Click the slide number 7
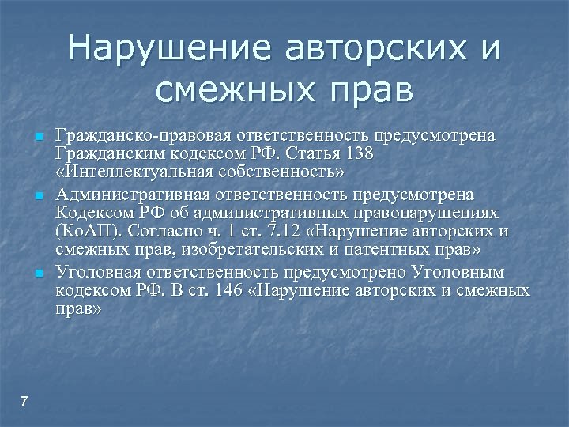(x=24, y=402)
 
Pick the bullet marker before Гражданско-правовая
(x=37, y=138)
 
